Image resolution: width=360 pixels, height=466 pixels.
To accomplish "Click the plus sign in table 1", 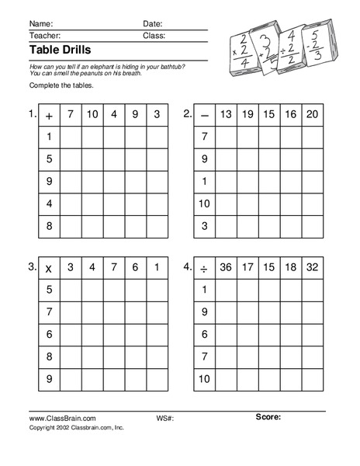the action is point(50,116).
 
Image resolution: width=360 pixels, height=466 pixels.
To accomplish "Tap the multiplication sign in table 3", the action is point(49,269).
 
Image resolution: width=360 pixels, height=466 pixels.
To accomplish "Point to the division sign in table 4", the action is point(204,269).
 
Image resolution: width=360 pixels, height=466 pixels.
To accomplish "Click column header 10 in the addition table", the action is point(92,115).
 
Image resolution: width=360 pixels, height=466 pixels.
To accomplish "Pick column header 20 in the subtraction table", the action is point(312,115).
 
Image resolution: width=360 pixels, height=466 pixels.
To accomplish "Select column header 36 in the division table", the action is point(226,268).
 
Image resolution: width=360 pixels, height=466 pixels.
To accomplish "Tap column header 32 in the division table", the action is point(312,268).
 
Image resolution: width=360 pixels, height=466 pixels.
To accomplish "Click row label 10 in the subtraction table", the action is point(204,203).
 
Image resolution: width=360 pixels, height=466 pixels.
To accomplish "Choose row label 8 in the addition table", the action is point(49,226).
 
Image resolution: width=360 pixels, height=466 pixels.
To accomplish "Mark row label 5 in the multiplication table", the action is point(49,290).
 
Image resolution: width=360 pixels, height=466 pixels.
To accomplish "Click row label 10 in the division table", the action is point(204,379).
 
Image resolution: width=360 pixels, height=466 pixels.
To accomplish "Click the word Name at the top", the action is point(41,23).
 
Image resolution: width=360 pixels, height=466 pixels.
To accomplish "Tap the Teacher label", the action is point(44,36).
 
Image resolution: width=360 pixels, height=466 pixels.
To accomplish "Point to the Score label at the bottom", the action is point(268,417).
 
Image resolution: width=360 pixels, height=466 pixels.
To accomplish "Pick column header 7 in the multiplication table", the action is point(114,268).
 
